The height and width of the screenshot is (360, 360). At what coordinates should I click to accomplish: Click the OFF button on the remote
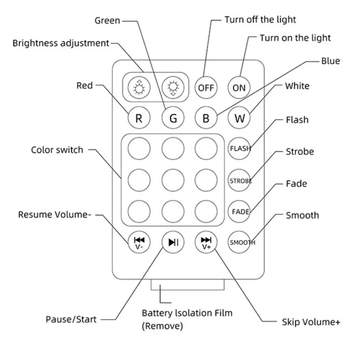[x=206, y=88]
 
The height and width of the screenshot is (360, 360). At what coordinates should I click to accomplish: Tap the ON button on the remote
[x=239, y=88]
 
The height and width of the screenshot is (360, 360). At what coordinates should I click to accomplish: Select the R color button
[x=139, y=119]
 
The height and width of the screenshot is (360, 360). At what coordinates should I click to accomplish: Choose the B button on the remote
[x=206, y=119]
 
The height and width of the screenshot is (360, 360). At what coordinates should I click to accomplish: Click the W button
[x=239, y=119]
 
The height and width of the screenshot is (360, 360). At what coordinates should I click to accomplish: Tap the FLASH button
[x=239, y=148]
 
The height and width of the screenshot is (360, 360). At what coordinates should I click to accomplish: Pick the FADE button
[x=239, y=211]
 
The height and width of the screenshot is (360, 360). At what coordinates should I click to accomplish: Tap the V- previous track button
[x=139, y=242]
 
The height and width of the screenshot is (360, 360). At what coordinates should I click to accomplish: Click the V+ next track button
[x=206, y=242]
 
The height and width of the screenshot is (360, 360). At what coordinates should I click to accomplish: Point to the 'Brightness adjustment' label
[x=61, y=44]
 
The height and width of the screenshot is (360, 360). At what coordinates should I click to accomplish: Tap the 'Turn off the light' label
[x=260, y=20]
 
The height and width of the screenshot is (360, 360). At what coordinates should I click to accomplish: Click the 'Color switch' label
[x=57, y=150]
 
